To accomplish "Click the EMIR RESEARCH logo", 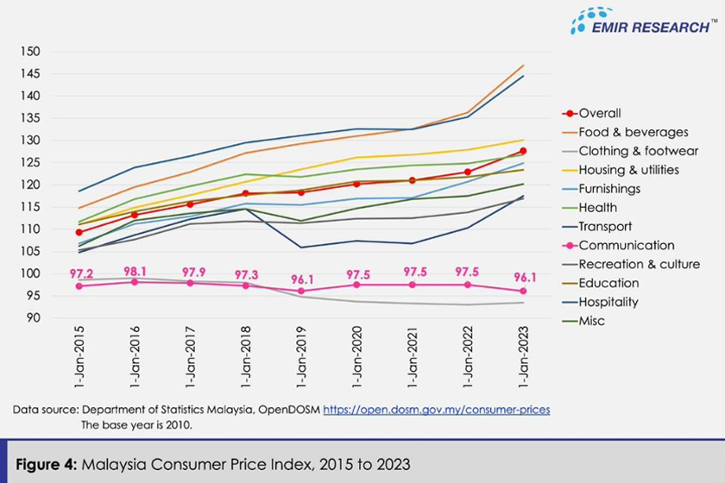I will pyautogui.click(x=642, y=22).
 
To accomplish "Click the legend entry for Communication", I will pyautogui.click(x=627, y=245).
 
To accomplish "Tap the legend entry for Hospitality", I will pyautogui.click(x=608, y=302).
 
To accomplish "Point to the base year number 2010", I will pyautogui.click(x=180, y=424).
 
